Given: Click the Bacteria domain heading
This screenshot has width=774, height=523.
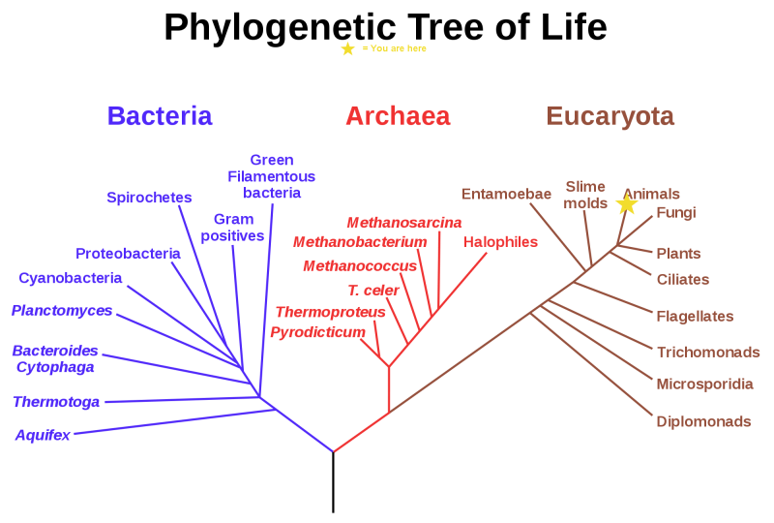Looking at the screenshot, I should [160, 116].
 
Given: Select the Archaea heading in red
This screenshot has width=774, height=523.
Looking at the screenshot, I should [398, 116].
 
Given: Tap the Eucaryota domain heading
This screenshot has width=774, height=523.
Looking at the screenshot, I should [610, 116].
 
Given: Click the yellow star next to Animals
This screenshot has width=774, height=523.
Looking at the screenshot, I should [627, 204].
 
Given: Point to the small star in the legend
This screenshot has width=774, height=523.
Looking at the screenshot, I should [348, 48].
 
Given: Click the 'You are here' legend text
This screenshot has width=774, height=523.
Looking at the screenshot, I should [395, 48].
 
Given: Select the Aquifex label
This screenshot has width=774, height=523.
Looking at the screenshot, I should [43, 436].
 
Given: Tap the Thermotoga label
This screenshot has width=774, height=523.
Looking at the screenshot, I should [56, 402].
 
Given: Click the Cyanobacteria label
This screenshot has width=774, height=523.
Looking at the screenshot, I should [71, 279].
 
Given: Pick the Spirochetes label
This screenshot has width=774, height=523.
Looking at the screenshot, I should [149, 198].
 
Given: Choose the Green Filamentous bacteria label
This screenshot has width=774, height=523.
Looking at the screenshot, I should [272, 176].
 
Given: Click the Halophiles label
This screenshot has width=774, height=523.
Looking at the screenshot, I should [500, 242].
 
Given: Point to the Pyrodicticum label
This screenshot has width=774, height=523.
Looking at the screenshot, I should [317, 333].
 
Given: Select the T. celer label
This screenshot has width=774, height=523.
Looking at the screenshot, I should [373, 290].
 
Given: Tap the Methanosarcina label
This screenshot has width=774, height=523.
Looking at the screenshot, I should [404, 222].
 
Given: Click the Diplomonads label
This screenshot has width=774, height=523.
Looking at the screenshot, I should [703, 422].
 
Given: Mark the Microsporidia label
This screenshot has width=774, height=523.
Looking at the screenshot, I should [704, 385].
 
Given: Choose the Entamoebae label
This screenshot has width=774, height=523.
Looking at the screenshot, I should [506, 194].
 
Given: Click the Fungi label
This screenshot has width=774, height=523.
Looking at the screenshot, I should [676, 213].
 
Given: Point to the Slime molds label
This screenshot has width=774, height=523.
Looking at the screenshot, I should [585, 195].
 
